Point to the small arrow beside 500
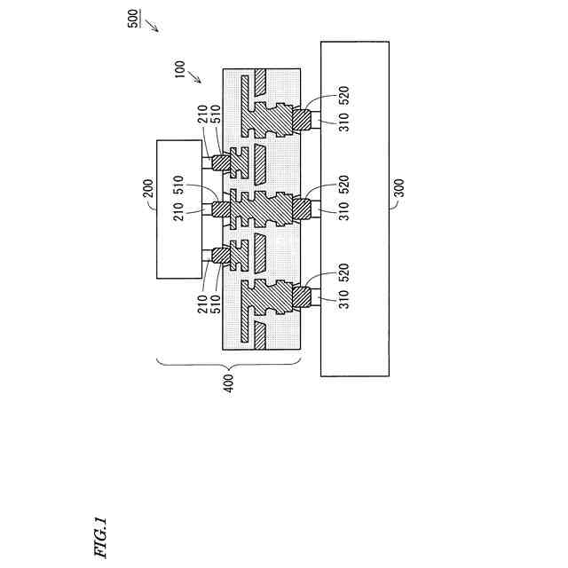[153, 25]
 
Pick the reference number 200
[148, 188]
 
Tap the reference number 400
[230, 383]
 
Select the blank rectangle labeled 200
[181, 209]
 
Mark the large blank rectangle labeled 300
[355, 209]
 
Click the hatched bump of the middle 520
[299, 209]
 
